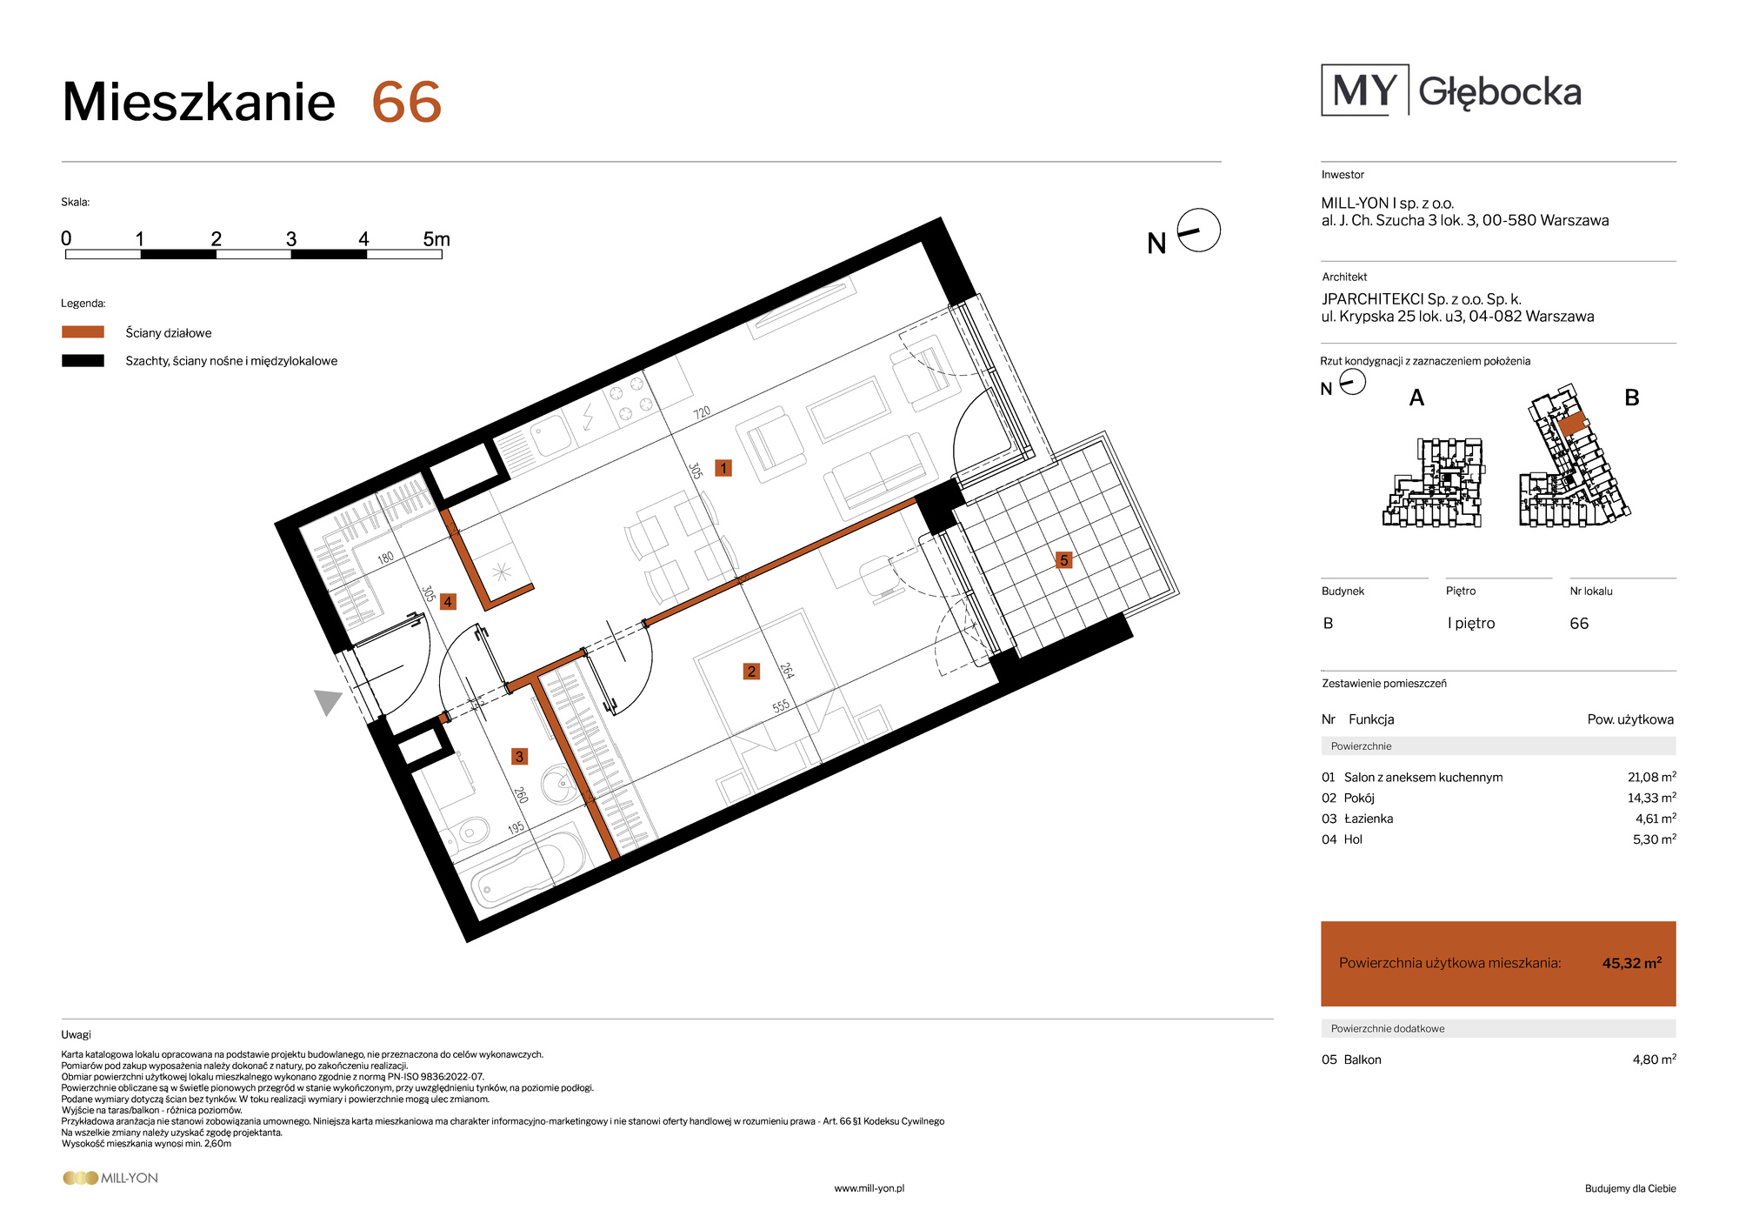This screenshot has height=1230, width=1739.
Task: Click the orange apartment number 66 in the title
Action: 407,103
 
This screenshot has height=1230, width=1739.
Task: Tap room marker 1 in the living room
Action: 723,468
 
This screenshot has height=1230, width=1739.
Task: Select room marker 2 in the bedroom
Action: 751,671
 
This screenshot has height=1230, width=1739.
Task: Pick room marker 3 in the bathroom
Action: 519,756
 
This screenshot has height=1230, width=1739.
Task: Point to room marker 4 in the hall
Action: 448,601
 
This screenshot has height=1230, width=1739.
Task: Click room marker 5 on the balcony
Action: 1063,560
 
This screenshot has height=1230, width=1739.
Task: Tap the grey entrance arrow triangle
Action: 326,701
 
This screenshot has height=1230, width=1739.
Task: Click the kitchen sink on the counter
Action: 551,435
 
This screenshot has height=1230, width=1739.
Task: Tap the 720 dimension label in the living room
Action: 702,412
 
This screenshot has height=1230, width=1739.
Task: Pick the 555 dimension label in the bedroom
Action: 781,706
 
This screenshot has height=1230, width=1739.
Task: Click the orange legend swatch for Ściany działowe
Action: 83,332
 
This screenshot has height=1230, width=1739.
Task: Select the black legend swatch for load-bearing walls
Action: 83,360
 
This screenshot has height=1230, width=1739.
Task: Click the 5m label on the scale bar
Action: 436,239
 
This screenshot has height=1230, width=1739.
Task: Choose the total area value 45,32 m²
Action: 1632,963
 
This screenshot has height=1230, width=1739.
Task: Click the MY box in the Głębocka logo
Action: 1364,90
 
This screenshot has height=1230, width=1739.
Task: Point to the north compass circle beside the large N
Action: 1199,231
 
